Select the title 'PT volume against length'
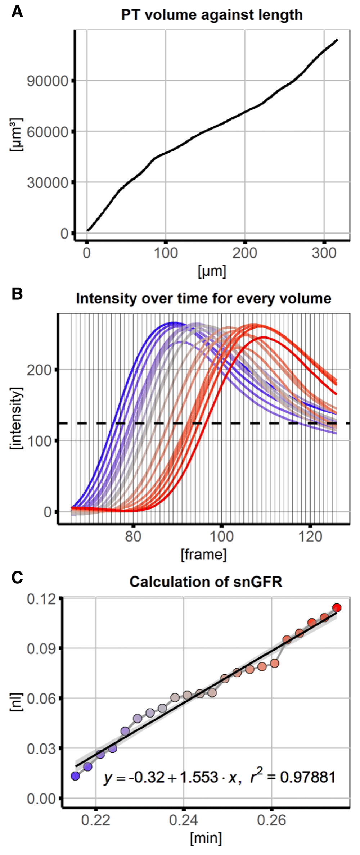point(212,15)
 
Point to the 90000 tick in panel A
point(48,81)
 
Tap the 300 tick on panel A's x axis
point(324,253)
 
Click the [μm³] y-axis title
point(16,135)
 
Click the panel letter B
point(17,294)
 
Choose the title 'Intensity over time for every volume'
point(203,299)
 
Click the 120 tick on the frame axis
point(310,537)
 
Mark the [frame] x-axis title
point(203,554)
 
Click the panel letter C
point(17,578)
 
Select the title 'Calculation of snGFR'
point(206,582)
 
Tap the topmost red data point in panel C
point(337,608)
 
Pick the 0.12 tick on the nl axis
point(42,599)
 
